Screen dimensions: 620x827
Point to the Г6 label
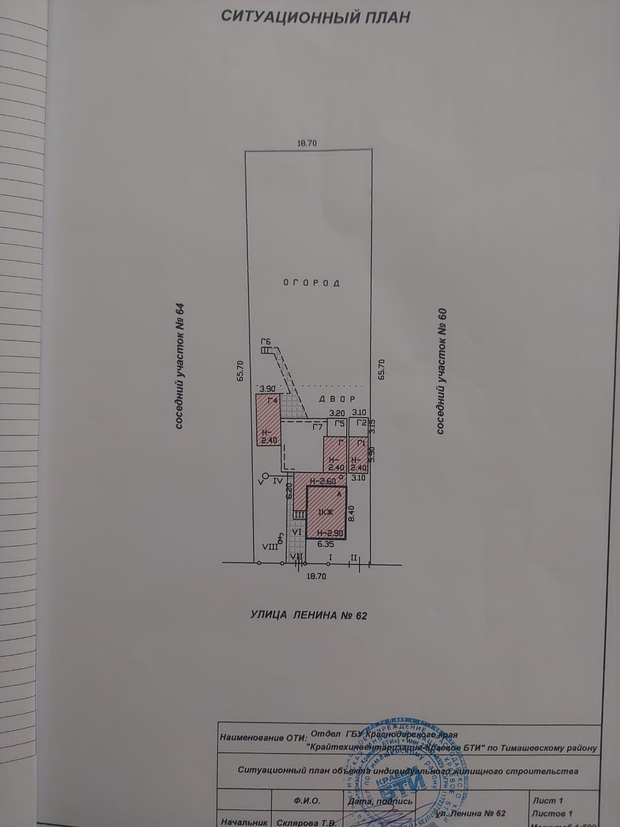tap(266, 341)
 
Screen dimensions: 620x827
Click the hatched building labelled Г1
tap(358, 455)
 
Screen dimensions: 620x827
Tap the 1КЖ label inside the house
tap(324, 512)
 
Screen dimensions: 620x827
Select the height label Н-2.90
tap(329, 533)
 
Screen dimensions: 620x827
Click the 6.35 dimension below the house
tap(326, 544)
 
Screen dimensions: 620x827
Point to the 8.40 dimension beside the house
tap(351, 513)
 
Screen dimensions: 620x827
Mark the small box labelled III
tap(299, 515)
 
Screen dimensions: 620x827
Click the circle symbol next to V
tap(266, 476)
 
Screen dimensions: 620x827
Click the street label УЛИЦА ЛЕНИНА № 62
tap(308, 615)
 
